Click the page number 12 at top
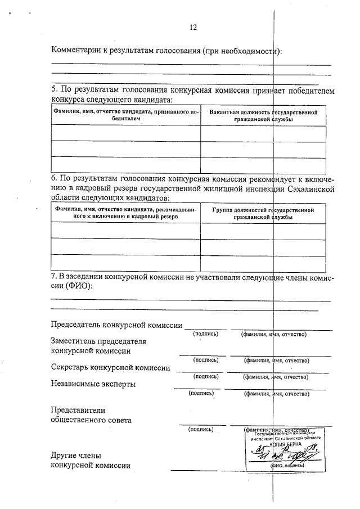click(x=193, y=26)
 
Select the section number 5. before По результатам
click(x=55, y=90)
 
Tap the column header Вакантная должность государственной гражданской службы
click(x=263, y=116)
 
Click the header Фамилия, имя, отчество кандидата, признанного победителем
click(x=125, y=116)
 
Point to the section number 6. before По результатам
click(x=55, y=179)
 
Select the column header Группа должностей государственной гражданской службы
click(x=263, y=213)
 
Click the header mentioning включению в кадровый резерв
click(x=125, y=213)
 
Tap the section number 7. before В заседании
click(x=55, y=276)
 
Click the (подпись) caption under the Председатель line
click(x=205, y=334)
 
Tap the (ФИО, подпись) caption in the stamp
click(x=287, y=465)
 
